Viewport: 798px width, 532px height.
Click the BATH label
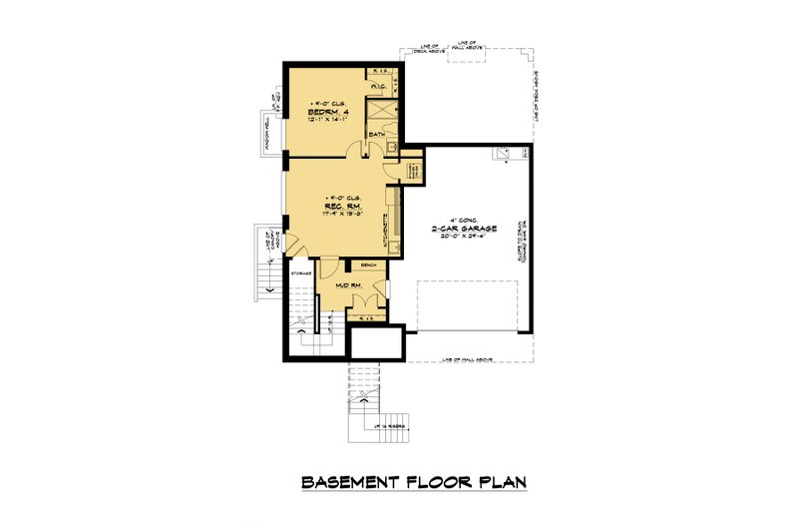[x=377, y=134]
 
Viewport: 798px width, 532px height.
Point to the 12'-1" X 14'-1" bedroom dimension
[x=327, y=121]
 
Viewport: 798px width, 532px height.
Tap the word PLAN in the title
[x=499, y=483]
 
